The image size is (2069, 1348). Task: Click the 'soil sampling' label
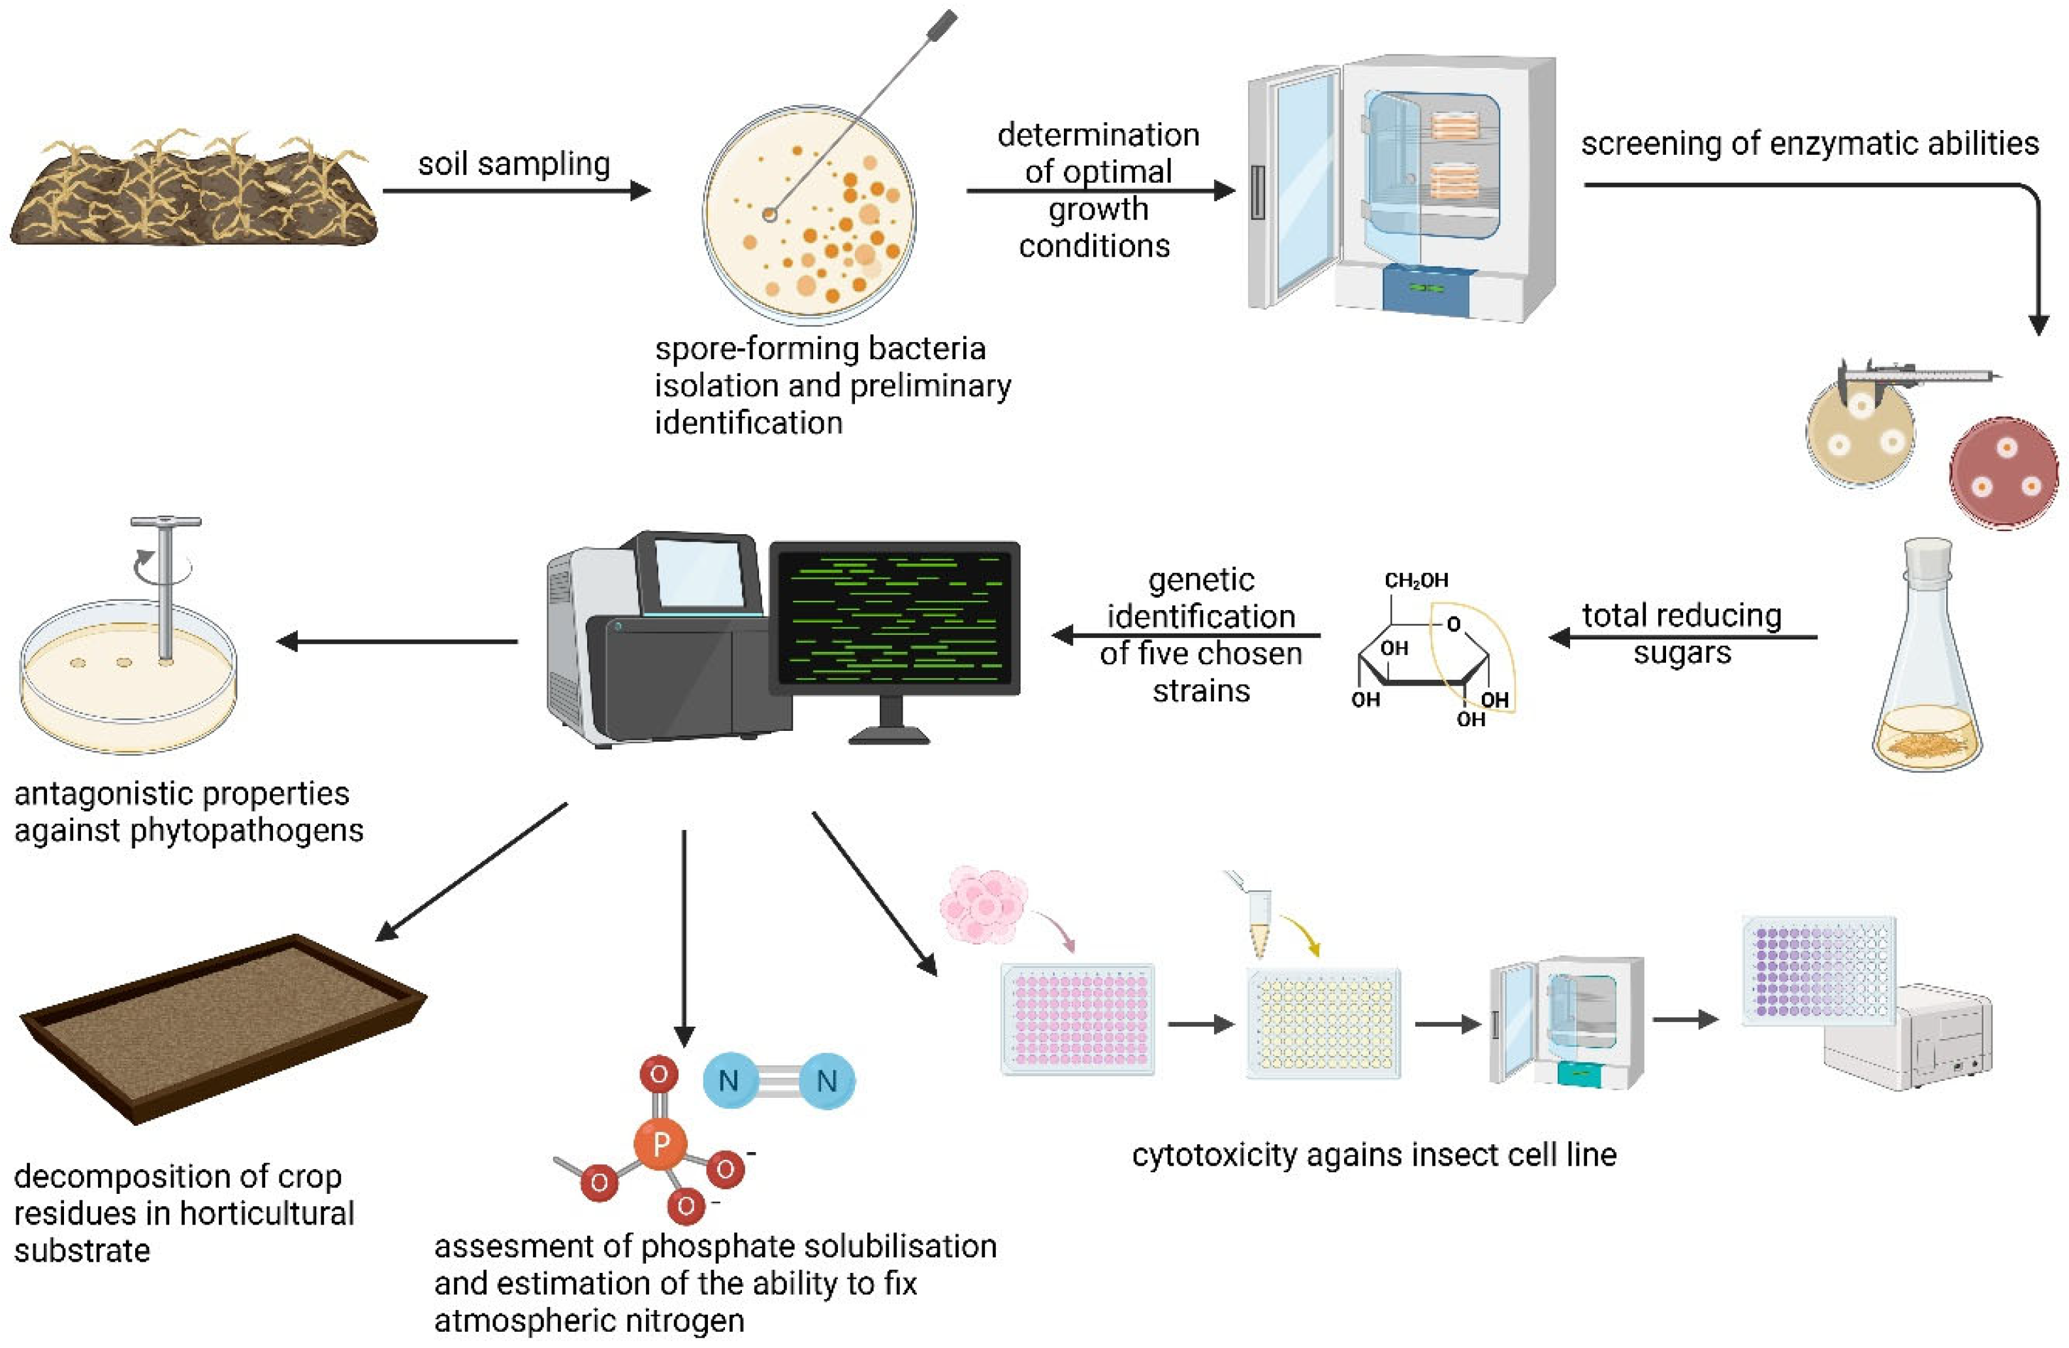tap(514, 163)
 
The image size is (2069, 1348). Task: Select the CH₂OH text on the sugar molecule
tap(1416, 580)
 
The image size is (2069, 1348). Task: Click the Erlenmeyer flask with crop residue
tap(1927, 660)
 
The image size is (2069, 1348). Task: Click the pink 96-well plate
tap(1077, 1019)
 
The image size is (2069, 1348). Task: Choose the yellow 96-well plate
tap(1323, 1023)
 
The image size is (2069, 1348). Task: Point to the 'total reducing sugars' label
tap(1681, 634)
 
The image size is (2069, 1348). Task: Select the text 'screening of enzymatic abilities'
tap(1809, 144)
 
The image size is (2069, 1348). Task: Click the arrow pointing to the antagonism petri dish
tap(397, 641)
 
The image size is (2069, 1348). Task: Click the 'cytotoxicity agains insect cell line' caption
tap(1373, 1155)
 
